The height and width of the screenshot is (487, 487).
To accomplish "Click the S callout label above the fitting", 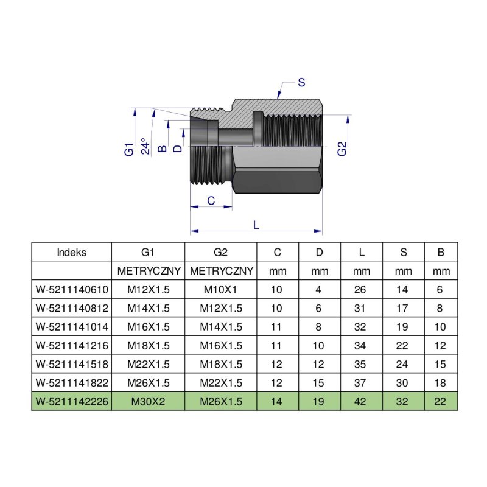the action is point(301,83).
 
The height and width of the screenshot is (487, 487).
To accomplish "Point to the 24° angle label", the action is point(145,146).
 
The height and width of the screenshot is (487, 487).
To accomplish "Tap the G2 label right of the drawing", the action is point(342,149).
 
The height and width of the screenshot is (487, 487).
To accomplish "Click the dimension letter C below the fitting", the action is point(211,201).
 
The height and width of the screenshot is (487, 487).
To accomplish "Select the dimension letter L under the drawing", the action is point(256,225).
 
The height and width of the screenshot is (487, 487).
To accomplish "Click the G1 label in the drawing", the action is point(129,149).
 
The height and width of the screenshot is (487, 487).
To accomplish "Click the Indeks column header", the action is point(71,252).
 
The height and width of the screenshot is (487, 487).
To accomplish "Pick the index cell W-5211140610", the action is point(72,290).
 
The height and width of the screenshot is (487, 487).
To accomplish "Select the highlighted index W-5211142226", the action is point(72,401).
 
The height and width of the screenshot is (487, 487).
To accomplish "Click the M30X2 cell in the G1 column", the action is point(148,401).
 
